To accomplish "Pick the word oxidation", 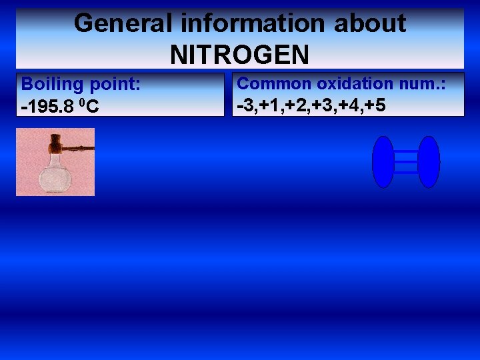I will (355, 84).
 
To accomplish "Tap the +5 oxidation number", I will (374, 105).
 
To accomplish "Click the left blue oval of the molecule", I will (383, 162).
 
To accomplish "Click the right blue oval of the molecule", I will (429, 162).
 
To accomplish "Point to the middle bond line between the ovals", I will (405, 162).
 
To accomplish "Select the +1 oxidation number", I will (269, 105).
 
